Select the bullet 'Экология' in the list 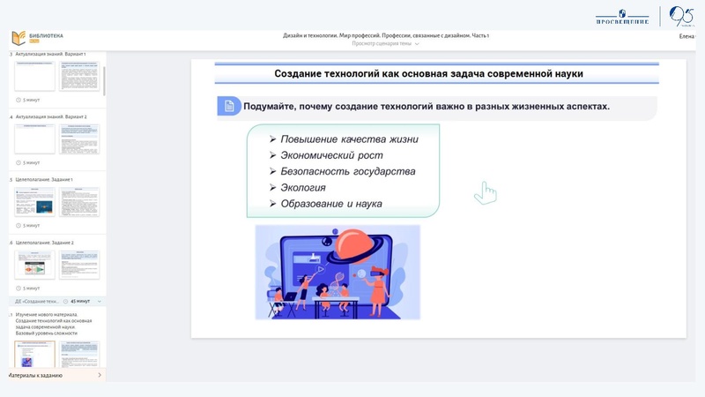[x=303, y=187]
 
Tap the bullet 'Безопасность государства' [x=347, y=171]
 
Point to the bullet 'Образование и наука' [x=330, y=204]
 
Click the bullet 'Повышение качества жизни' [x=349, y=139]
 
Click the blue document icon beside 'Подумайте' [x=229, y=106]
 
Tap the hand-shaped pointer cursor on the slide [x=485, y=192]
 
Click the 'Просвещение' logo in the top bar [x=623, y=17]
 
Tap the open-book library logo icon [x=19, y=38]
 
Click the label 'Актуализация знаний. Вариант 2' [x=51, y=116]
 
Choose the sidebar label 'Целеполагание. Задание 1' [x=44, y=179]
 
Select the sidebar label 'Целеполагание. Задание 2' [x=44, y=243]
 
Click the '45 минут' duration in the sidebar [x=79, y=302]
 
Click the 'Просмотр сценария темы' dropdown [x=385, y=43]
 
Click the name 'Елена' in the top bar [x=686, y=36]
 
